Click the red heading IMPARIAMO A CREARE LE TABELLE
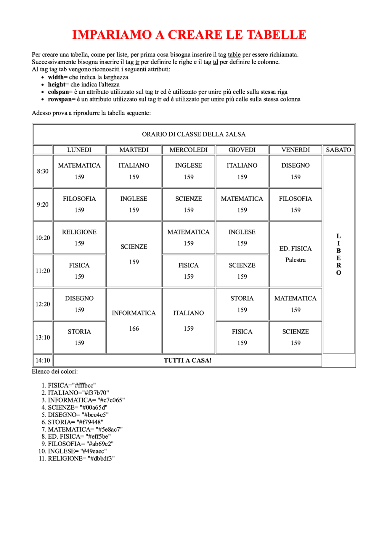tap(189, 35)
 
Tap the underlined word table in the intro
tap(234, 55)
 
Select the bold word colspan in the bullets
tap(58, 92)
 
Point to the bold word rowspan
tap(60, 99)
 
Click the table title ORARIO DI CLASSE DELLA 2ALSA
tap(194, 134)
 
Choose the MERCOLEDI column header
tap(188, 150)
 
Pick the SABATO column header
tap(338, 150)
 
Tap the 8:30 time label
tap(43, 171)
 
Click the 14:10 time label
tap(43, 360)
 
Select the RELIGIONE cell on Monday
tap(79, 237)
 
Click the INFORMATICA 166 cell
tap(134, 321)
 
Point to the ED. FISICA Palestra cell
tap(295, 254)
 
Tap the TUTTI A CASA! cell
tap(187, 360)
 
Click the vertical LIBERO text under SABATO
tap(338, 254)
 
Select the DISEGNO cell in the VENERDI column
tap(295, 171)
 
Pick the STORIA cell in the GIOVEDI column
tap(242, 304)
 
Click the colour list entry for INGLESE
tap(77, 451)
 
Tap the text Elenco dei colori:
tap(55, 371)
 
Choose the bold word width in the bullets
tap(56, 77)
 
